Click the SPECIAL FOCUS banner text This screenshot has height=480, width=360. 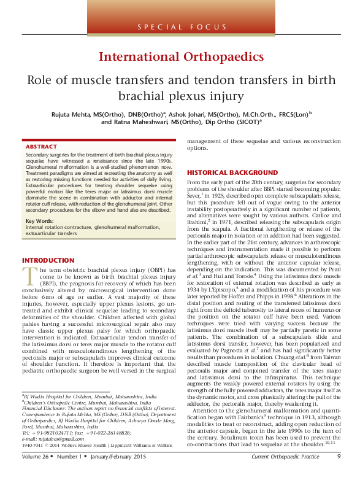[x=180, y=28]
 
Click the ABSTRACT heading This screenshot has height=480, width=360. [x=41, y=147]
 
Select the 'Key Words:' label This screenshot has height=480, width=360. [x=39, y=220]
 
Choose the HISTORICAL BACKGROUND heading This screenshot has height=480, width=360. [x=232, y=173]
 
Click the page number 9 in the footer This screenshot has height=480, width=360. [x=339, y=473]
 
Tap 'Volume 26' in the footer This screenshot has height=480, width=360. [x=34, y=473]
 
